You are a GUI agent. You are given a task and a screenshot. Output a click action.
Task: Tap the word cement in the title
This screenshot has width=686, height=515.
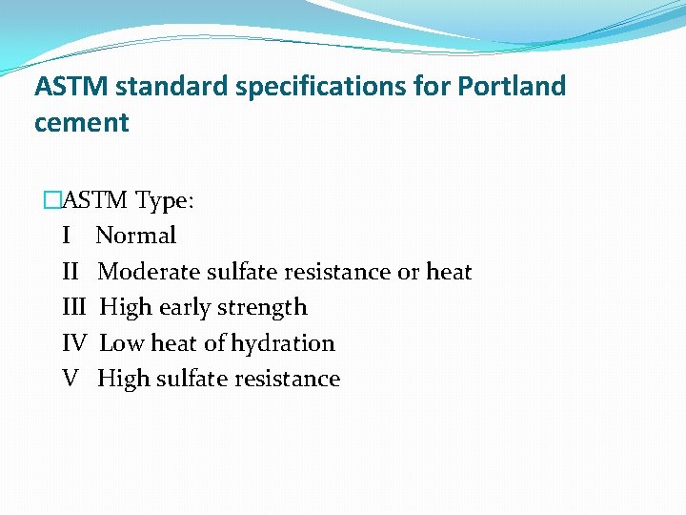coord(81,123)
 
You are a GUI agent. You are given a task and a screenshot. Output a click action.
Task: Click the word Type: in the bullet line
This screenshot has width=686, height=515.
coord(165,200)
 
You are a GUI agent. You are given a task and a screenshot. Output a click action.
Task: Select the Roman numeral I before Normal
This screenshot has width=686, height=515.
coord(66,236)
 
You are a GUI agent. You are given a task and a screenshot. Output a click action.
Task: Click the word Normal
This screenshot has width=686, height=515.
coord(136,236)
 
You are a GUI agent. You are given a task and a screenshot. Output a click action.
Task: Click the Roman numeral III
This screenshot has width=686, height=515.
coord(73,307)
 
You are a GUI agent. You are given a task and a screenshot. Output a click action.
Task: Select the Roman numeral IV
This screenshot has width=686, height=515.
coord(74,343)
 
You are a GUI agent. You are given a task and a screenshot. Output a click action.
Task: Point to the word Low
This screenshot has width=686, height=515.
coord(119,343)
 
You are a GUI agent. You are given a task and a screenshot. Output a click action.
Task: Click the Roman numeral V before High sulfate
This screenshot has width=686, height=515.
coord(70,379)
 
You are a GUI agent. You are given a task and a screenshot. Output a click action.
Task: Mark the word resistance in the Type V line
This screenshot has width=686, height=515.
coord(288,379)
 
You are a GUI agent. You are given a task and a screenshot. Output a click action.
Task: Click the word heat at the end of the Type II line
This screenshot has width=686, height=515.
coord(449,272)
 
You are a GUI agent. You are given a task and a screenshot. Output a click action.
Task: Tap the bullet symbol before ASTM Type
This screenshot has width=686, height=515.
coord(51,200)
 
